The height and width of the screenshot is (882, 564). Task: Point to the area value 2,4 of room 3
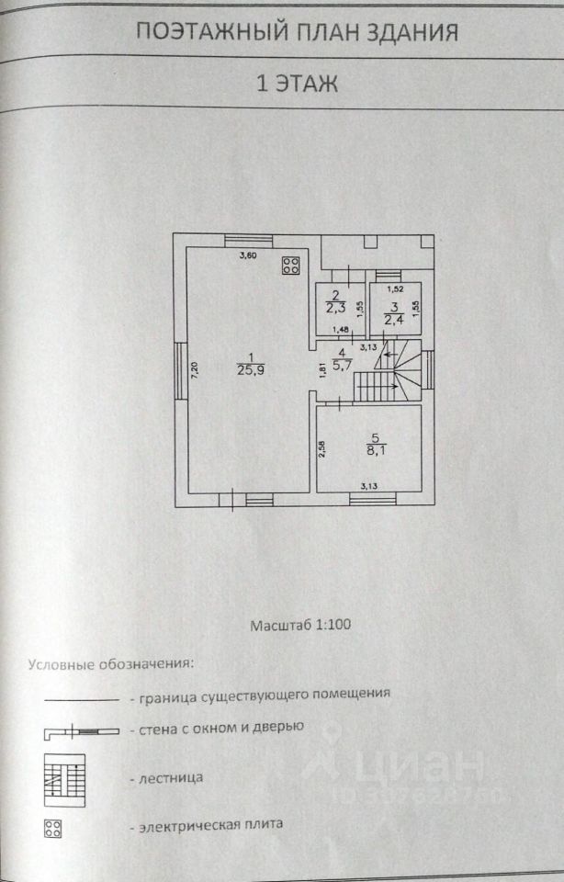393,319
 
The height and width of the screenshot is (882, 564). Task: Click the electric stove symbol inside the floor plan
292,266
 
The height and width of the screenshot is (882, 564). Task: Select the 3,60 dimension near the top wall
248,255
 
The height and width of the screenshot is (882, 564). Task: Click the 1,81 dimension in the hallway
322,370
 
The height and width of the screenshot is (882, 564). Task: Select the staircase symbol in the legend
64,780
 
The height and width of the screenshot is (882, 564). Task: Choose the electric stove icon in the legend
52,827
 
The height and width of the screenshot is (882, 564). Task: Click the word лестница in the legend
172,777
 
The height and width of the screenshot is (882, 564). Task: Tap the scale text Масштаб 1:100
301,624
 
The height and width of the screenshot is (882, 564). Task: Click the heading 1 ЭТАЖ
296,84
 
